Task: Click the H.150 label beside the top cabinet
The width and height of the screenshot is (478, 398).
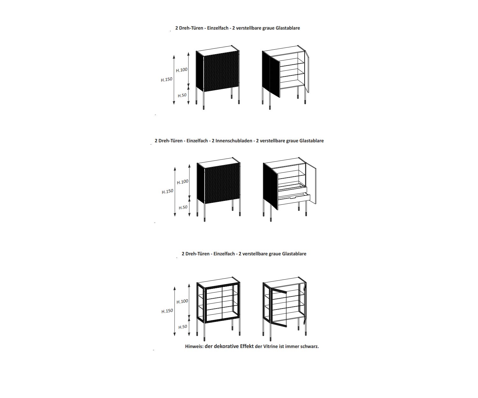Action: click(x=166, y=79)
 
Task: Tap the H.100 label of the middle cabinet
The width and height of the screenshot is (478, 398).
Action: click(x=183, y=182)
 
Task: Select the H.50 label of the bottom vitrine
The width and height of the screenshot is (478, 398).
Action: click(x=183, y=327)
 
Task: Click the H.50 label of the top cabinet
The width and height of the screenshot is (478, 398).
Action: click(x=182, y=96)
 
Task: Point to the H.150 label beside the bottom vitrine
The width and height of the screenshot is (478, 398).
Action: click(x=167, y=311)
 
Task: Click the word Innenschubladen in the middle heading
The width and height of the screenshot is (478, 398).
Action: click(x=232, y=141)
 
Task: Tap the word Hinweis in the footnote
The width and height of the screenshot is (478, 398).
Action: click(x=194, y=346)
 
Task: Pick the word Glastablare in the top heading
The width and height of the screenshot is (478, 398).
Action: click(x=288, y=28)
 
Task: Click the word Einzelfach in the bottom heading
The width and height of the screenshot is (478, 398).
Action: click(x=224, y=254)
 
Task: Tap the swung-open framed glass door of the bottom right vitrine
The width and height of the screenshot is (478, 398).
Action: click(x=279, y=308)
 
